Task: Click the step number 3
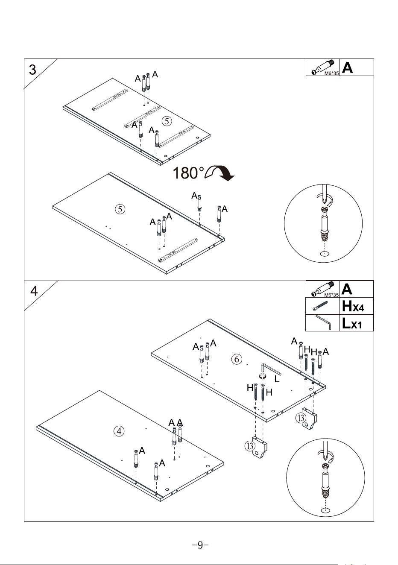(32, 70)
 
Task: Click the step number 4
(34, 291)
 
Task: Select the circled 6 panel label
(237, 359)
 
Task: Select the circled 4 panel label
(119, 431)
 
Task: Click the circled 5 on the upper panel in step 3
(167, 121)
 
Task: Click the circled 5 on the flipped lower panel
(120, 209)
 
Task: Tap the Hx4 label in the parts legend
(353, 306)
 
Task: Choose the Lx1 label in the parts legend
(351, 323)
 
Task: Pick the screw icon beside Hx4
(321, 306)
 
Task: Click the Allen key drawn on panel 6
(270, 369)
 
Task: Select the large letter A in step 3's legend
(347, 67)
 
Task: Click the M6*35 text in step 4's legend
(331, 295)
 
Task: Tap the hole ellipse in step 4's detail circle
(326, 510)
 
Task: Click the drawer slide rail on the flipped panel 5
(178, 249)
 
